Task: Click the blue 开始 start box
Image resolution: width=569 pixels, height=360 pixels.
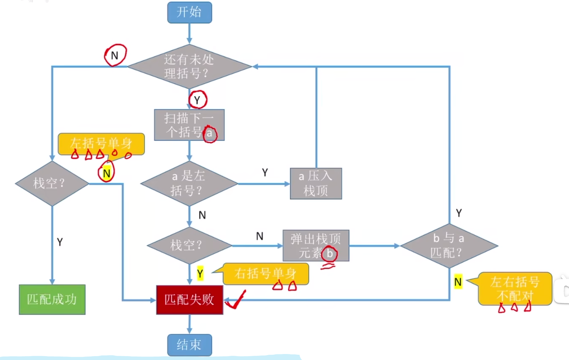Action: point(189,13)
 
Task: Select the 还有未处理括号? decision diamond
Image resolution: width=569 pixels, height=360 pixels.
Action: point(189,67)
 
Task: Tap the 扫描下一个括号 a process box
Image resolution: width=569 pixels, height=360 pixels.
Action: point(189,125)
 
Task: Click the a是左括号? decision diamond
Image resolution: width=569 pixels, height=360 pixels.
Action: point(189,183)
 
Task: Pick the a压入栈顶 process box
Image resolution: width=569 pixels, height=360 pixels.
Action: point(316,183)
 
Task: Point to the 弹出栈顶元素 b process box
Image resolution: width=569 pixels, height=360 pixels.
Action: point(316,246)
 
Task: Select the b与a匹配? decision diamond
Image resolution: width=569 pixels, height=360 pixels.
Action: point(449,246)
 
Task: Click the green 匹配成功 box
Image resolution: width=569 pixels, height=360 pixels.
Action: point(52,299)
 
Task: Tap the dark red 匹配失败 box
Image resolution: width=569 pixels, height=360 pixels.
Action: point(189,299)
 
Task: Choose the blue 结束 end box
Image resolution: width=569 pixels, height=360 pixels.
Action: point(189,345)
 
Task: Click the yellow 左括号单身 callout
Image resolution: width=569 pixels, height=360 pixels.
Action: point(101,144)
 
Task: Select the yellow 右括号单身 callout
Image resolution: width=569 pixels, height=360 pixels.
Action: point(266,273)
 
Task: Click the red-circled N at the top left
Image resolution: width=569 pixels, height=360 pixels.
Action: point(115,56)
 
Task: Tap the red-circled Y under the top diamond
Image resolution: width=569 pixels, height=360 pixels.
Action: point(197,100)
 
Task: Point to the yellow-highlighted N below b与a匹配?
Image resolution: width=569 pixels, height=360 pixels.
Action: point(458,282)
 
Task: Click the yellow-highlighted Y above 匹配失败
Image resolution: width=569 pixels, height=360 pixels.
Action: point(200,273)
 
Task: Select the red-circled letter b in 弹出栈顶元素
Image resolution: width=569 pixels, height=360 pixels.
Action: point(330,253)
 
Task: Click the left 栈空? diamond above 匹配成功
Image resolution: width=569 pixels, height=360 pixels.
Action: point(52,183)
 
